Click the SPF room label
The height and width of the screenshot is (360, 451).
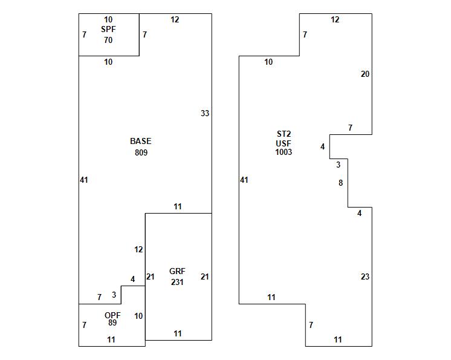[108, 29]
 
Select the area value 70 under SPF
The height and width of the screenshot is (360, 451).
[108, 40]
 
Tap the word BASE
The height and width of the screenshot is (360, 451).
[140, 141]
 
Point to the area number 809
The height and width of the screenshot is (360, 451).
[141, 152]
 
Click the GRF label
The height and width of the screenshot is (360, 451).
[177, 271]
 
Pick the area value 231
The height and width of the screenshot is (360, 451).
[177, 282]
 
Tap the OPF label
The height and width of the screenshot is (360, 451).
[112, 315]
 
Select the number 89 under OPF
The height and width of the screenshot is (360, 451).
[112, 322]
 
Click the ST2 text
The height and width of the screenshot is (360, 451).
[284, 134]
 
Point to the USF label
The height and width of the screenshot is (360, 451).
[284, 143]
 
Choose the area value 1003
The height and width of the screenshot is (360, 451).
[284, 152]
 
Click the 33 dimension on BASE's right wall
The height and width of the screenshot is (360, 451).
[205, 113]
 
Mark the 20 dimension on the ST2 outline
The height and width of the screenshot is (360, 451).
[365, 74]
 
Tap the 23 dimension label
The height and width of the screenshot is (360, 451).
[365, 277]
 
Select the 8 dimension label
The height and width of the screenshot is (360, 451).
[340, 183]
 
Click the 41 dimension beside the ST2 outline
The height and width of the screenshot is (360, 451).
[244, 180]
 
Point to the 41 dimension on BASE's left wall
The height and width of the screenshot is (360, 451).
[83, 180]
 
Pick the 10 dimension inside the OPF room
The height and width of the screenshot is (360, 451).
[138, 316]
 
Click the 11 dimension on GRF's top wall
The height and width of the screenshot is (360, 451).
[177, 206]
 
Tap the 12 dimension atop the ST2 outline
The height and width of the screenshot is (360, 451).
[335, 19]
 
